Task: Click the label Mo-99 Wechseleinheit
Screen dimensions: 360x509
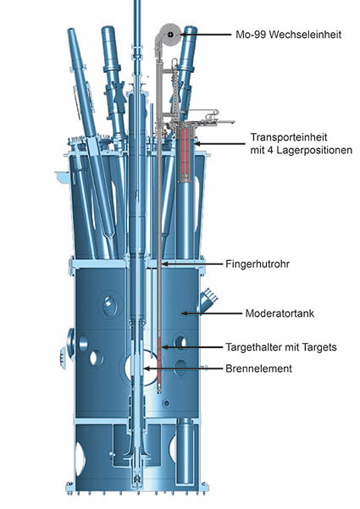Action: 289,35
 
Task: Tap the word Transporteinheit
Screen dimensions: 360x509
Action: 289,137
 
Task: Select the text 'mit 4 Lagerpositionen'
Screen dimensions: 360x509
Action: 301,150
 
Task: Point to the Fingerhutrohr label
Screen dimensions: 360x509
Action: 258,264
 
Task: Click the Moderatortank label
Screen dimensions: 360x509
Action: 280,313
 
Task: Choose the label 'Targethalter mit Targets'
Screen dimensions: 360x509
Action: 281,347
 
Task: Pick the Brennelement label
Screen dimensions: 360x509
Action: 258,368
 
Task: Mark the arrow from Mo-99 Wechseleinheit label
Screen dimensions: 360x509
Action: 206,35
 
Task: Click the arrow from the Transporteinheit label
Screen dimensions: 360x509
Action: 219,143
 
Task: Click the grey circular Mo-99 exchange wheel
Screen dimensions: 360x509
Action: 170,35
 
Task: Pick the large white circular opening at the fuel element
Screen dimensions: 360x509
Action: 143,368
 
